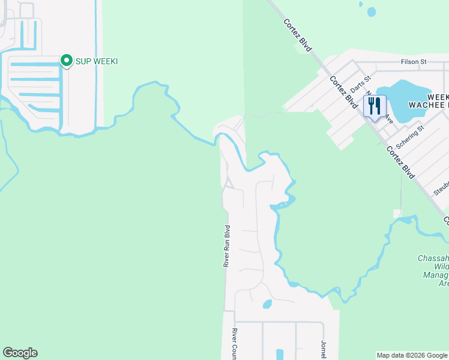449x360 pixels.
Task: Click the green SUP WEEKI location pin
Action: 66,61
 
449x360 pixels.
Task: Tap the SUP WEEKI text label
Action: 96,61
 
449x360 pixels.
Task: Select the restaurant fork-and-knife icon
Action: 375,107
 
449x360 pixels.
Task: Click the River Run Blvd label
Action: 227,246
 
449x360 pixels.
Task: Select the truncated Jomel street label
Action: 324,349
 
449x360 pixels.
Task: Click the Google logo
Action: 20,353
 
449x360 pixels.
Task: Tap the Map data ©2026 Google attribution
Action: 412,355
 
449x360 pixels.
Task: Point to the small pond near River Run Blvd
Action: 267,304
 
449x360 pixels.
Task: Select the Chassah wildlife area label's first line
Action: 433,258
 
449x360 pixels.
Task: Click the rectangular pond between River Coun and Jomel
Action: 279,354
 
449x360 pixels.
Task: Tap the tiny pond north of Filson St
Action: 371,11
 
